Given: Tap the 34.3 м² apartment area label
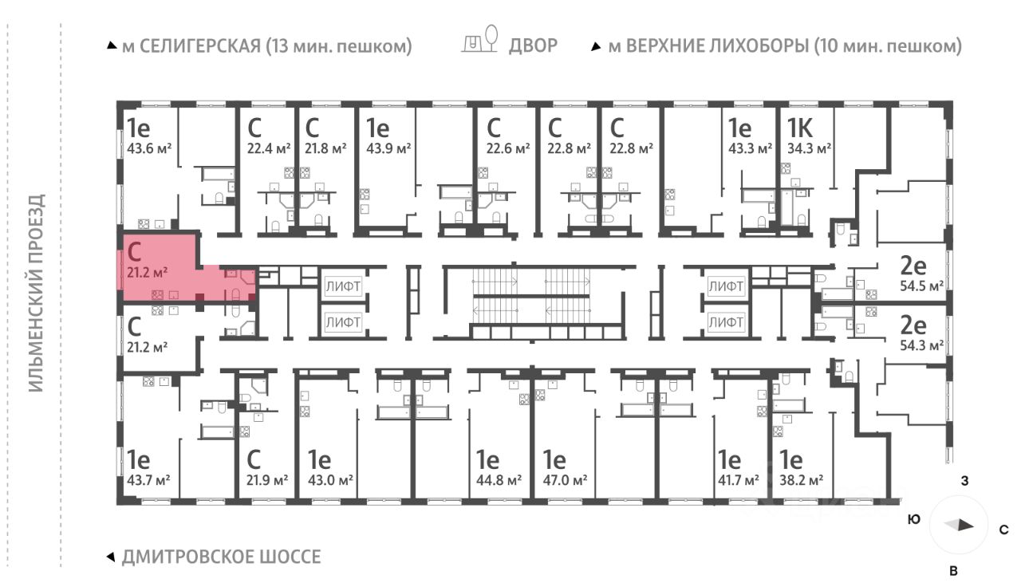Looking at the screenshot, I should point(810,148).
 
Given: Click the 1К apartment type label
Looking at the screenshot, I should point(801,128).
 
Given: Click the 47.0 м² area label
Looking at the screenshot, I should point(565,480).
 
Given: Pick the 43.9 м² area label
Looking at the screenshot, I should point(388,148).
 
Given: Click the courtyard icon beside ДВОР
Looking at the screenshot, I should point(480,41).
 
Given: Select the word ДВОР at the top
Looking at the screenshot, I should point(533,46).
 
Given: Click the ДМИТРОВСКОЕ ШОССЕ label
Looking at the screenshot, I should point(221,557).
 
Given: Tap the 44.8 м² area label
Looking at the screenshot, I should point(499,480).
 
